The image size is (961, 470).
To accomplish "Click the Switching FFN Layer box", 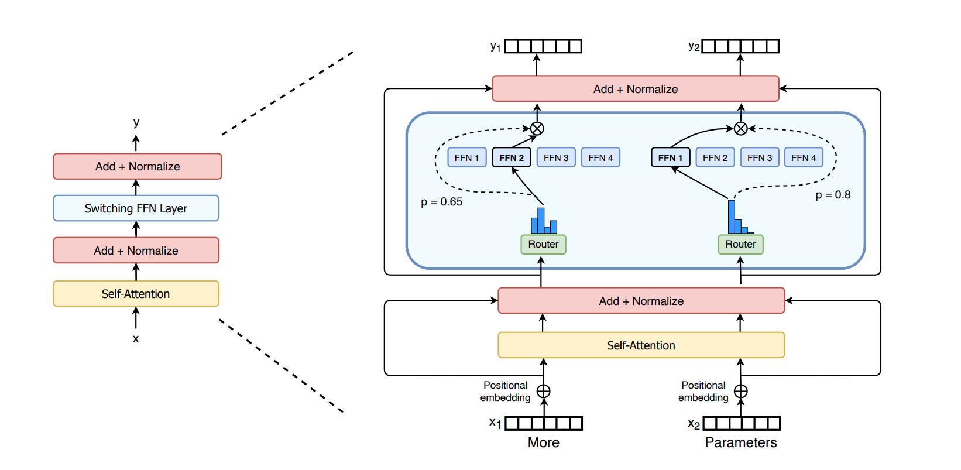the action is [x=136, y=208].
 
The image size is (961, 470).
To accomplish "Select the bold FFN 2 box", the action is [x=512, y=157].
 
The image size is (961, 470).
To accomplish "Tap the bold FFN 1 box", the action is [x=670, y=157].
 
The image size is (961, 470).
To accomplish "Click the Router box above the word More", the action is [x=543, y=244].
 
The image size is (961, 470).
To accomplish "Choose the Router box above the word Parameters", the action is [x=740, y=244].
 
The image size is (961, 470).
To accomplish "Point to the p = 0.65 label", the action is [x=441, y=202].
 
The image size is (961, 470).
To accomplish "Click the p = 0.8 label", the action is [x=833, y=195].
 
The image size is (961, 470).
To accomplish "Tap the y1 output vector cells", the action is [x=543, y=46].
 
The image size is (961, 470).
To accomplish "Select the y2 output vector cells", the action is [x=740, y=46].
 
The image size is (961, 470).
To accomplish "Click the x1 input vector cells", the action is [x=544, y=423].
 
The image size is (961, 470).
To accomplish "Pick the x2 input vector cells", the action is [x=742, y=423].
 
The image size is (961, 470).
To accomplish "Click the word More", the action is [x=543, y=442].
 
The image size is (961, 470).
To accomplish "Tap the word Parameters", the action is [x=741, y=442].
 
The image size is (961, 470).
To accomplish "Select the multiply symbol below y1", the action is [x=537, y=128].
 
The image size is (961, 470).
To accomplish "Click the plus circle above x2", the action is [x=741, y=391].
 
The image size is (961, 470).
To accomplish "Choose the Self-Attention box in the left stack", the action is [x=136, y=294].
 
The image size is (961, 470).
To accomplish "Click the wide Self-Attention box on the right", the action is [x=641, y=345].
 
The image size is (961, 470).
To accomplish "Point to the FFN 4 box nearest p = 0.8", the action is [x=804, y=157].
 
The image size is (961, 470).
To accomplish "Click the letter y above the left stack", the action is [x=136, y=123].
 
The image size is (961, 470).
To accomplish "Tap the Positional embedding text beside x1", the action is [x=506, y=392].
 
